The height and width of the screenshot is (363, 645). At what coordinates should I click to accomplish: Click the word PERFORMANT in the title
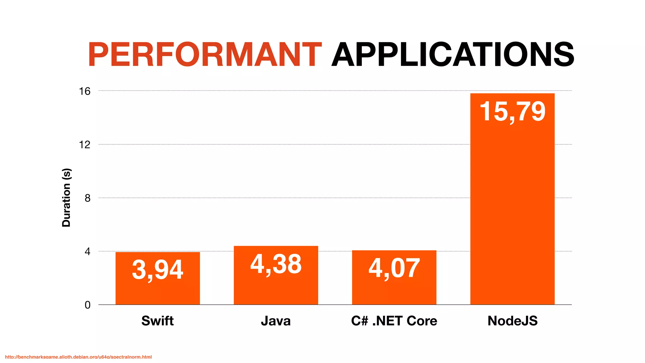(205, 55)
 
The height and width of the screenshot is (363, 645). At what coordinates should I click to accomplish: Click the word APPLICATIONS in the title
(453, 55)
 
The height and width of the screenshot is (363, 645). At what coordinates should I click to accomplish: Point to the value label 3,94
(157, 270)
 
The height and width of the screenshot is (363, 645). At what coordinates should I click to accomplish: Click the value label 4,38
(276, 264)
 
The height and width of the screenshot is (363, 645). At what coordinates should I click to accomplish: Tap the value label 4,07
(394, 268)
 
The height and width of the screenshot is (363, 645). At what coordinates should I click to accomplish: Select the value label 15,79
(512, 112)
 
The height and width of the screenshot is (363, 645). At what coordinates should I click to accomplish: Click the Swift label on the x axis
(157, 321)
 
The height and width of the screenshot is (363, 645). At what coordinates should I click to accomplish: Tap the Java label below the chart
(276, 321)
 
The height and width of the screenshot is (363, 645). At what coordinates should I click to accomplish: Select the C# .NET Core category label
(394, 321)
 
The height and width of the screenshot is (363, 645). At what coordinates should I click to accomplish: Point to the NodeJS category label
(512, 321)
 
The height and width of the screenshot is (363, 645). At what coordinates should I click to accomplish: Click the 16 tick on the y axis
(85, 91)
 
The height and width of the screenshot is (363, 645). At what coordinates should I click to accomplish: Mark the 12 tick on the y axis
(85, 145)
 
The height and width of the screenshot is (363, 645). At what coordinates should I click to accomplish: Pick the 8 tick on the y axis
(88, 198)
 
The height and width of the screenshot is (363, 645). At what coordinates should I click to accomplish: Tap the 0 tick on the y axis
(88, 305)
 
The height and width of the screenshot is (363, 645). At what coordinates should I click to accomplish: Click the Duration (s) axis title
(66, 198)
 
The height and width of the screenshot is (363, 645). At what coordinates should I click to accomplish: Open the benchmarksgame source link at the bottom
(78, 357)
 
